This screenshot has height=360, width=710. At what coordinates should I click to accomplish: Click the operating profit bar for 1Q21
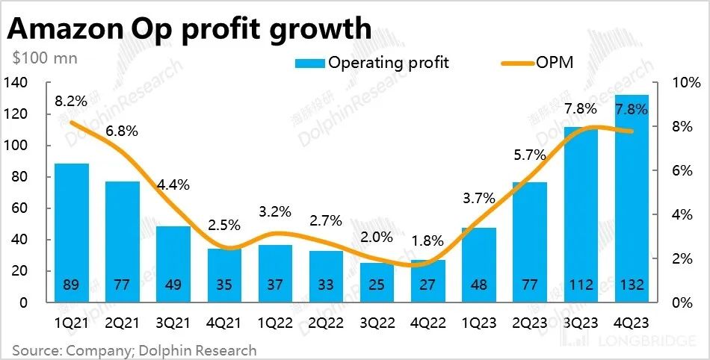tap(72, 232)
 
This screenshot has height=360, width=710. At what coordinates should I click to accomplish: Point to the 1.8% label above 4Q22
tap(428, 241)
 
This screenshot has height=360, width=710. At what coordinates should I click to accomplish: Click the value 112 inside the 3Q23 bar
tap(581, 285)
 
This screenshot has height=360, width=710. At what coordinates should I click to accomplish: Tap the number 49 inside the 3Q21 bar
tap(173, 285)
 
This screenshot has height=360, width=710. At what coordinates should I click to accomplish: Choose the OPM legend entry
tap(554, 62)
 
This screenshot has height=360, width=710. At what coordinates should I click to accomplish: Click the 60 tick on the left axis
tap(19, 208)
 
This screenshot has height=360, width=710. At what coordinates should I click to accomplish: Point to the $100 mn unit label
tap(45, 57)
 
